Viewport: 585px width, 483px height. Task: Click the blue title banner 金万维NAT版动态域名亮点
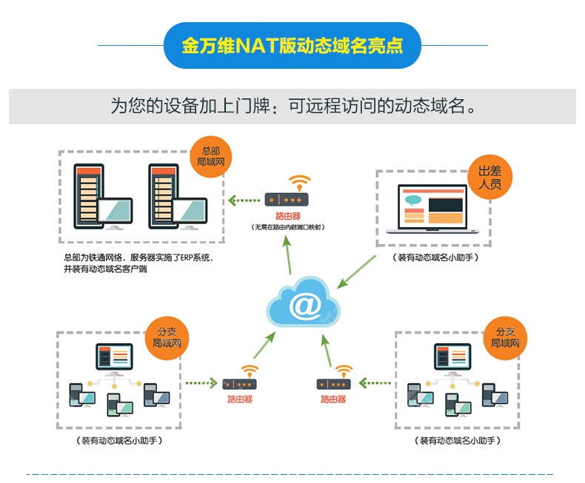coord(292,45)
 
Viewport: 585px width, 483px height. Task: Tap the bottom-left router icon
coord(240,383)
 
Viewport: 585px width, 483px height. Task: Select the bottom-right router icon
coord(333,383)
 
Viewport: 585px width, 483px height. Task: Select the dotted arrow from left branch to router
coord(201,383)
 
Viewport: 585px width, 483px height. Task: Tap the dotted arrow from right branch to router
coord(375,383)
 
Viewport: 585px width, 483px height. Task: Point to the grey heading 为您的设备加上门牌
coord(292,106)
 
